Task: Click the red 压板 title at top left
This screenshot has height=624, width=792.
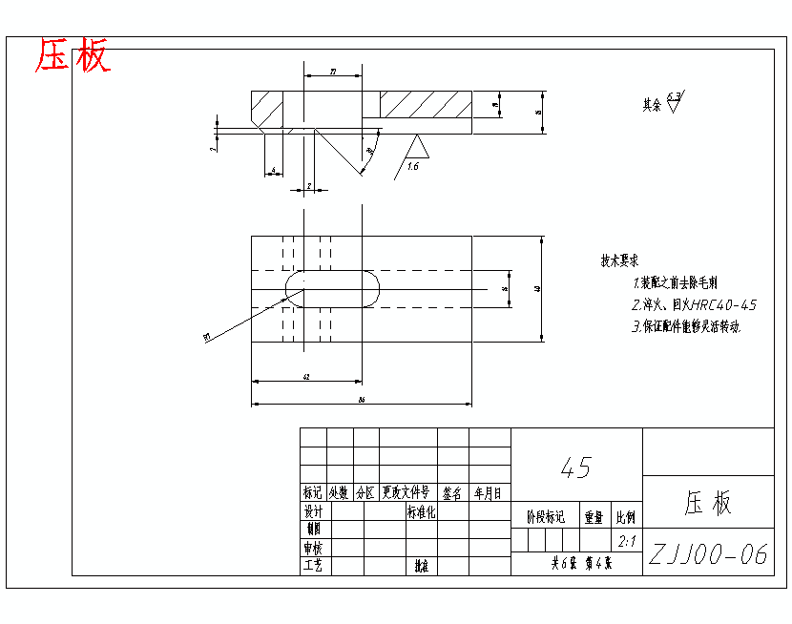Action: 73,56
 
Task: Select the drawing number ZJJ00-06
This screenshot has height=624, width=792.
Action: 708,555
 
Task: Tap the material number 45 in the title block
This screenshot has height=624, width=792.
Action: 576,468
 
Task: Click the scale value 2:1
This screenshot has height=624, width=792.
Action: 628,542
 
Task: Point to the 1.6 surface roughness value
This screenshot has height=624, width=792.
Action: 413,166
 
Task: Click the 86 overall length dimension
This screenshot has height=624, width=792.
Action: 362,400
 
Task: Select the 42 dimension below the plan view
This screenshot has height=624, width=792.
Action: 306,378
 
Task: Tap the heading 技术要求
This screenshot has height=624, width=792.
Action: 619,260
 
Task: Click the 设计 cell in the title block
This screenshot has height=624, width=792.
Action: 313,511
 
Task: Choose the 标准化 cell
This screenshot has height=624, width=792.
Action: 421,511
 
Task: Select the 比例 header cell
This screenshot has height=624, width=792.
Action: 626,517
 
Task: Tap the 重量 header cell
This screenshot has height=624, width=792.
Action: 594,517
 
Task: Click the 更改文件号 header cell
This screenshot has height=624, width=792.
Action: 406,493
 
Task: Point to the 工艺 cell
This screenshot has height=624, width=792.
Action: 313,565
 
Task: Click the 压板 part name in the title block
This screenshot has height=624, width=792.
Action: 707,504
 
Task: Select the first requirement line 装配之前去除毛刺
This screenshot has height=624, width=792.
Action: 679,283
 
